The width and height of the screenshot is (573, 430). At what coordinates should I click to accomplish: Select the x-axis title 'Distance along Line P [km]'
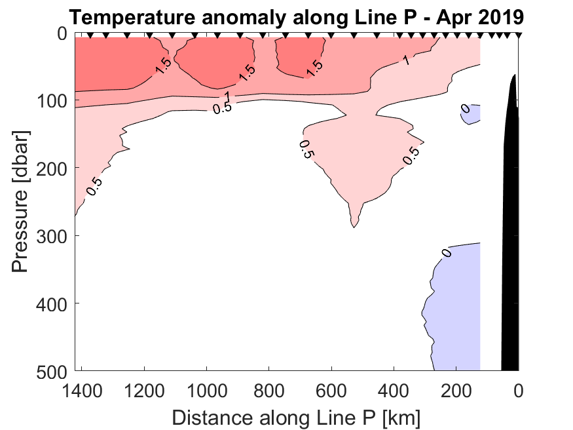pyautogui.click(x=296, y=417)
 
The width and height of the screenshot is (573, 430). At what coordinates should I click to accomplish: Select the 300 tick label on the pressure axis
pyautogui.click(x=51, y=236)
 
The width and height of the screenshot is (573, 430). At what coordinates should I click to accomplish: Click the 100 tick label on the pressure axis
pyautogui.click(x=51, y=101)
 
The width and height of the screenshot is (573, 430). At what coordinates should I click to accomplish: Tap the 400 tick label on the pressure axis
pyautogui.click(x=51, y=303)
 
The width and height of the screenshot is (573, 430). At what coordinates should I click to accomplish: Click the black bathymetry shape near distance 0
pyautogui.click(x=510, y=229)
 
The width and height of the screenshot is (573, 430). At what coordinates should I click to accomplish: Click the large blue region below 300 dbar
pyautogui.click(x=455, y=302)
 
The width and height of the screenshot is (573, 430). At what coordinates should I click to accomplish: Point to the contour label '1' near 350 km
pyautogui.click(x=406, y=61)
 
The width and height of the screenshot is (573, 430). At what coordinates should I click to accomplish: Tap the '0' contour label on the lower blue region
pyautogui.click(x=447, y=253)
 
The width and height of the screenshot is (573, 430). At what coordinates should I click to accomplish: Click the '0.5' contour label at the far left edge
pyautogui.click(x=94, y=186)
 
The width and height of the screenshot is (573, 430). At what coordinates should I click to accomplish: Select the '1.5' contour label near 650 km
pyautogui.click(x=314, y=67)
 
